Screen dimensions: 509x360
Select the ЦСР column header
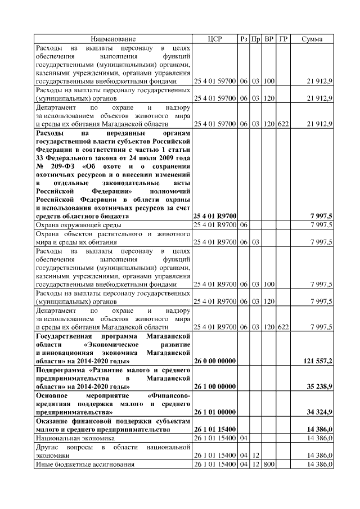[215, 39]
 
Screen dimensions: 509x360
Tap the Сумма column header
[312, 39]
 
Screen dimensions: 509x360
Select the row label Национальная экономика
[75, 437]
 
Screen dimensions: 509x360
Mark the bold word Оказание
[53, 421]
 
